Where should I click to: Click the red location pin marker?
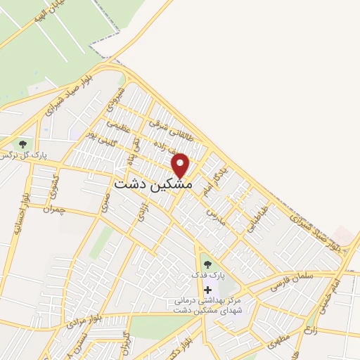181,165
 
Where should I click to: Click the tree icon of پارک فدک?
207,264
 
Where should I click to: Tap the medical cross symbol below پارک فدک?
207,289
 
